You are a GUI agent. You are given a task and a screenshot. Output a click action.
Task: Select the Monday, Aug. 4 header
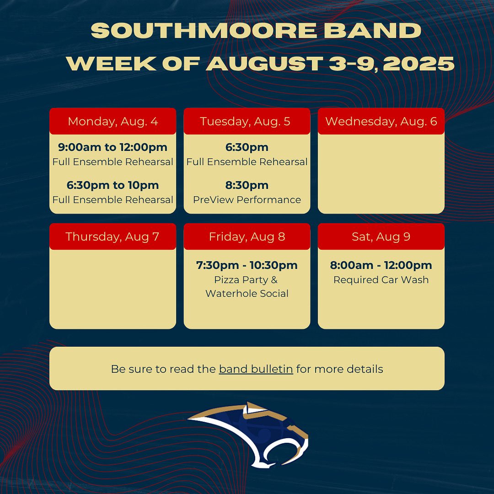point(113,121)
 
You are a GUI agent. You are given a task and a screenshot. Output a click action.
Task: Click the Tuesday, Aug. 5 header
point(247,121)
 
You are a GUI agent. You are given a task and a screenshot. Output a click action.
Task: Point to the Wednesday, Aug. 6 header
point(381,121)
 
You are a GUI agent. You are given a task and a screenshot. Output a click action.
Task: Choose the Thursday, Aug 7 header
point(113,236)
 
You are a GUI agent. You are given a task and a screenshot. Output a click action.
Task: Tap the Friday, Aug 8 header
point(247,236)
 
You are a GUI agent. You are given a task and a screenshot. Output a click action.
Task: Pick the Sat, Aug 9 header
point(381,236)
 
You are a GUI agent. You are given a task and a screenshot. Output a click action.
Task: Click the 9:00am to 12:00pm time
point(113,147)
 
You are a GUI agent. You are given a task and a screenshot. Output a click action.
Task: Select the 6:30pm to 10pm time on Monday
point(113,185)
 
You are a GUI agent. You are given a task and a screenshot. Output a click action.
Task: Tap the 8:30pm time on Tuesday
point(247,185)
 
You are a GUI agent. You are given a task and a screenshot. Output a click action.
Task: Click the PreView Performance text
point(247,200)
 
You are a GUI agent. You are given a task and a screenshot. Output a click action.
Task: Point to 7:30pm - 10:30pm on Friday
point(247,265)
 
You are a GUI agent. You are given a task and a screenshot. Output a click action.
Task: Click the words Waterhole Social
point(247,294)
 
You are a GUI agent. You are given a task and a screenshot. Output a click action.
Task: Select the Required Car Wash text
point(381,280)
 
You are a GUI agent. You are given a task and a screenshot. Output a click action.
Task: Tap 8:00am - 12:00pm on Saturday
point(381,265)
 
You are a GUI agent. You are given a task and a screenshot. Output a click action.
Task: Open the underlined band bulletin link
point(256,369)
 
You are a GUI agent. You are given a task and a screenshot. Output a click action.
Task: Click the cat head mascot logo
point(249,435)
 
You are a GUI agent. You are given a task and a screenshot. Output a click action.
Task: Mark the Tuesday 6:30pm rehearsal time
point(247,147)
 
